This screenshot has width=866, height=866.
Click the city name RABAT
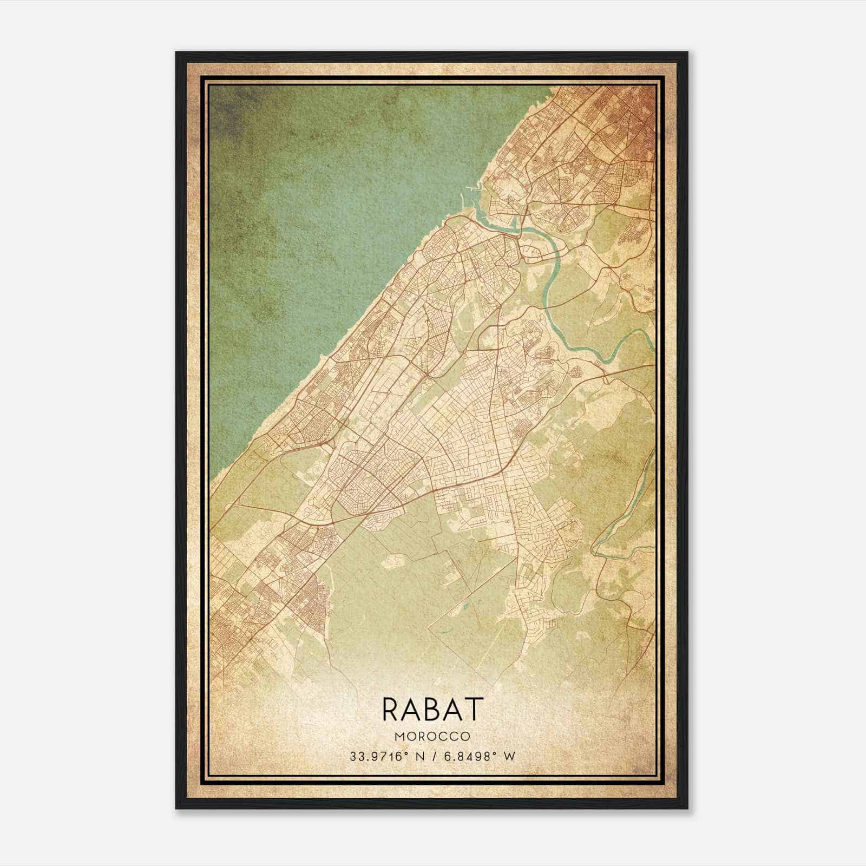tap(432, 709)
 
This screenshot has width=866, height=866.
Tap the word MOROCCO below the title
tap(432, 737)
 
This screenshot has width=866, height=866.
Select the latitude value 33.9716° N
tap(385, 757)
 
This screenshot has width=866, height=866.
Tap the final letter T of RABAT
tap(474, 709)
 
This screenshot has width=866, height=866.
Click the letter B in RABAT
tap(433, 709)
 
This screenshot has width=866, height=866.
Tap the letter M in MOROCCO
tap(399, 737)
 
